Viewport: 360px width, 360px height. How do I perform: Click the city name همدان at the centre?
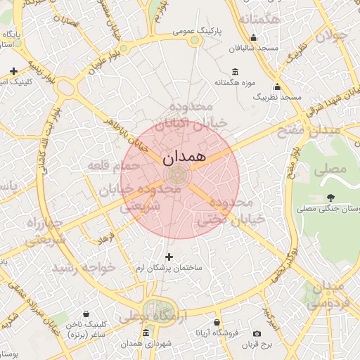184,157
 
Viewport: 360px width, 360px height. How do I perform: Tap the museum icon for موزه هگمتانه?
234,72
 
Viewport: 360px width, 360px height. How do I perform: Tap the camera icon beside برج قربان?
257,333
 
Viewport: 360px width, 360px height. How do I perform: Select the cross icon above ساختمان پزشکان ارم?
168,257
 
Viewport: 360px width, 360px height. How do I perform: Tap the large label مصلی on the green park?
332,169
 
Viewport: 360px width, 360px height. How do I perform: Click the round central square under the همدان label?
178,176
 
